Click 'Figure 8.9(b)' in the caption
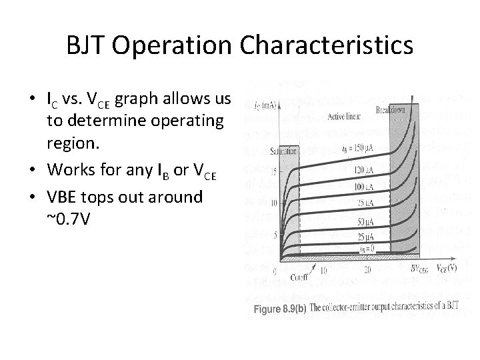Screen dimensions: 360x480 pos(284,310)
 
